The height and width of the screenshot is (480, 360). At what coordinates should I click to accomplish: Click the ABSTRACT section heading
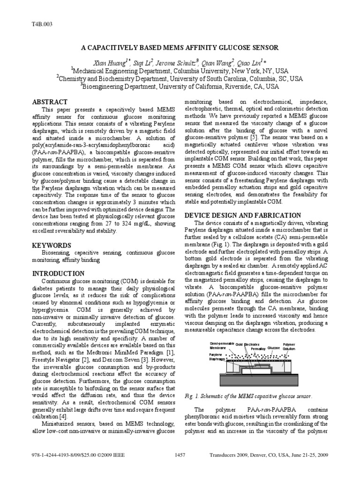coord(49,102)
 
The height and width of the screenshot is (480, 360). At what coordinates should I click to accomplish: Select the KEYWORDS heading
coord(51,245)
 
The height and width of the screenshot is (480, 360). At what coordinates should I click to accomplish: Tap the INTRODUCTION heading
coord(58,273)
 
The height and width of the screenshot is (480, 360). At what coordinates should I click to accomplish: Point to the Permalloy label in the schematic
coord(258,349)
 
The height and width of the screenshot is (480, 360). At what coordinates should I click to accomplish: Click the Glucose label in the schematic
coord(274,348)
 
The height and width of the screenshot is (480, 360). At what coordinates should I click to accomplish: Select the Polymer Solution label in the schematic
coord(289,347)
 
